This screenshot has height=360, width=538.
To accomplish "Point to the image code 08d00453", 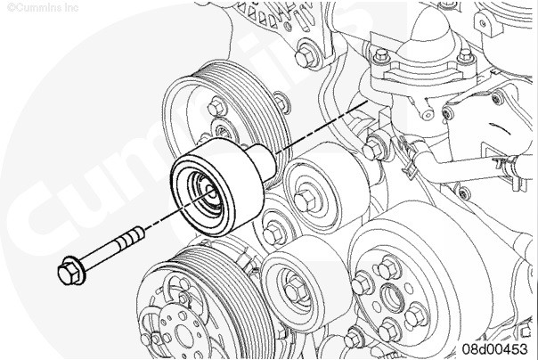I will point(493,348).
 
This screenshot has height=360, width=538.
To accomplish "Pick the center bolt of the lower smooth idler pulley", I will point(291,286).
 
